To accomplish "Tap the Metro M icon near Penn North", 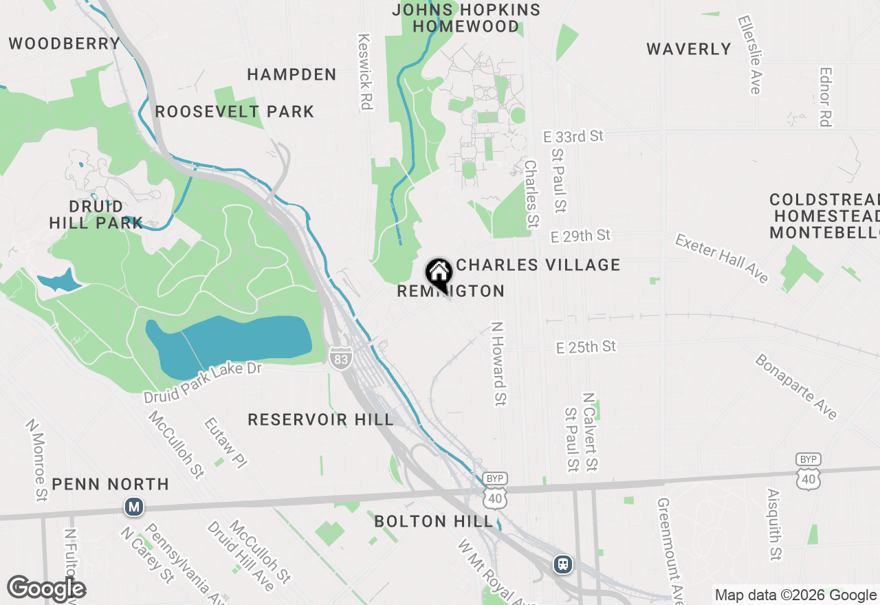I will point(133,507).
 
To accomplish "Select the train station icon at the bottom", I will point(563,564).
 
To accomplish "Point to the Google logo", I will point(46,588).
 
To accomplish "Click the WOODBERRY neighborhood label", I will point(65,44).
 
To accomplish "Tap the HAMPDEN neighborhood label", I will point(292,74).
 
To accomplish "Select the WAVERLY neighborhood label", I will point(689,49).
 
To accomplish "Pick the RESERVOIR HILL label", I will point(321,419).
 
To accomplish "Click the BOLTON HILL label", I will point(434,521).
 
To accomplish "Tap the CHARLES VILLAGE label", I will point(538,265).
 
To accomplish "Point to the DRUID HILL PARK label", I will point(96,214).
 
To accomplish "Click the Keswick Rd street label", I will point(364,72).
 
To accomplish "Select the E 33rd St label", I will point(573,137).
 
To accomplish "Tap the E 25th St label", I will point(586,347).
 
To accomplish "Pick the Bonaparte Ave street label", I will point(796,386).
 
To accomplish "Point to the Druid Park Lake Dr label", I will point(203,383).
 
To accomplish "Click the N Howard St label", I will point(498,363).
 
